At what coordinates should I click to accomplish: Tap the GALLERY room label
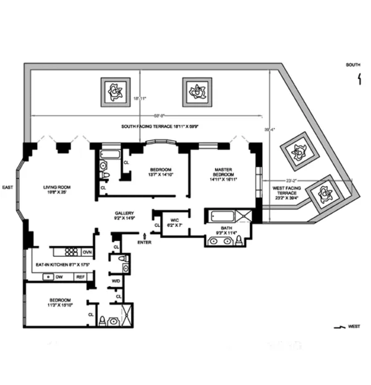[x=124, y=214]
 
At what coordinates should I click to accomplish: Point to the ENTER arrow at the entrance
[x=144, y=236]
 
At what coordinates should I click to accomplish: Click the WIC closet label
[x=171, y=222]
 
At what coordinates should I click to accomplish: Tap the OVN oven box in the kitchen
[x=87, y=252]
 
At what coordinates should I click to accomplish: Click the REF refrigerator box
[x=80, y=277]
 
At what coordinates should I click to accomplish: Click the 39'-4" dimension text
[x=270, y=130]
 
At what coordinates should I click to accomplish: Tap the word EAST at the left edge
[x=7, y=187]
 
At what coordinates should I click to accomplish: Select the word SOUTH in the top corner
[x=353, y=64]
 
